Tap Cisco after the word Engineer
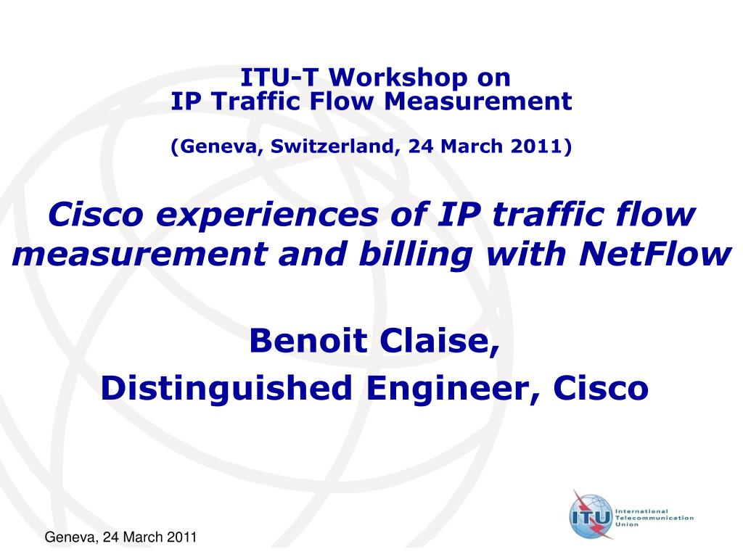point(601,389)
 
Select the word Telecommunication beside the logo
point(654,518)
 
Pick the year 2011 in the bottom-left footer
point(182,537)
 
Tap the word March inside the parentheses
point(474,147)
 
